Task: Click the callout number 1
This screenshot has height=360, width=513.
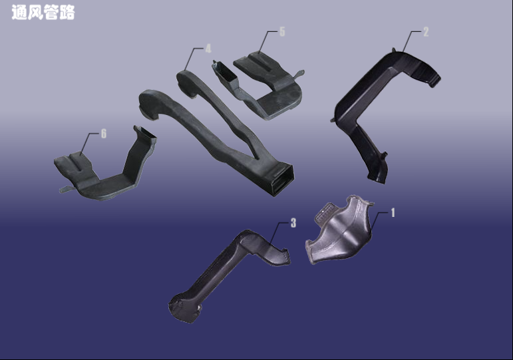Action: [x=393, y=213]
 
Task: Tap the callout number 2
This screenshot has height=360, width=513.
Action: [x=426, y=32]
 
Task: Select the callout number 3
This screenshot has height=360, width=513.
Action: [x=293, y=223]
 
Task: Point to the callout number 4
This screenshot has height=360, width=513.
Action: [x=208, y=49]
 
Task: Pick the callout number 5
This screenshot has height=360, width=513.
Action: [x=282, y=31]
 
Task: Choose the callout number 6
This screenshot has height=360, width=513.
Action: [x=103, y=133]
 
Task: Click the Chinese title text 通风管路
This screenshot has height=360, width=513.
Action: [x=43, y=13]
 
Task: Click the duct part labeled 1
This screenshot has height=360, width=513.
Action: [x=340, y=231]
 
